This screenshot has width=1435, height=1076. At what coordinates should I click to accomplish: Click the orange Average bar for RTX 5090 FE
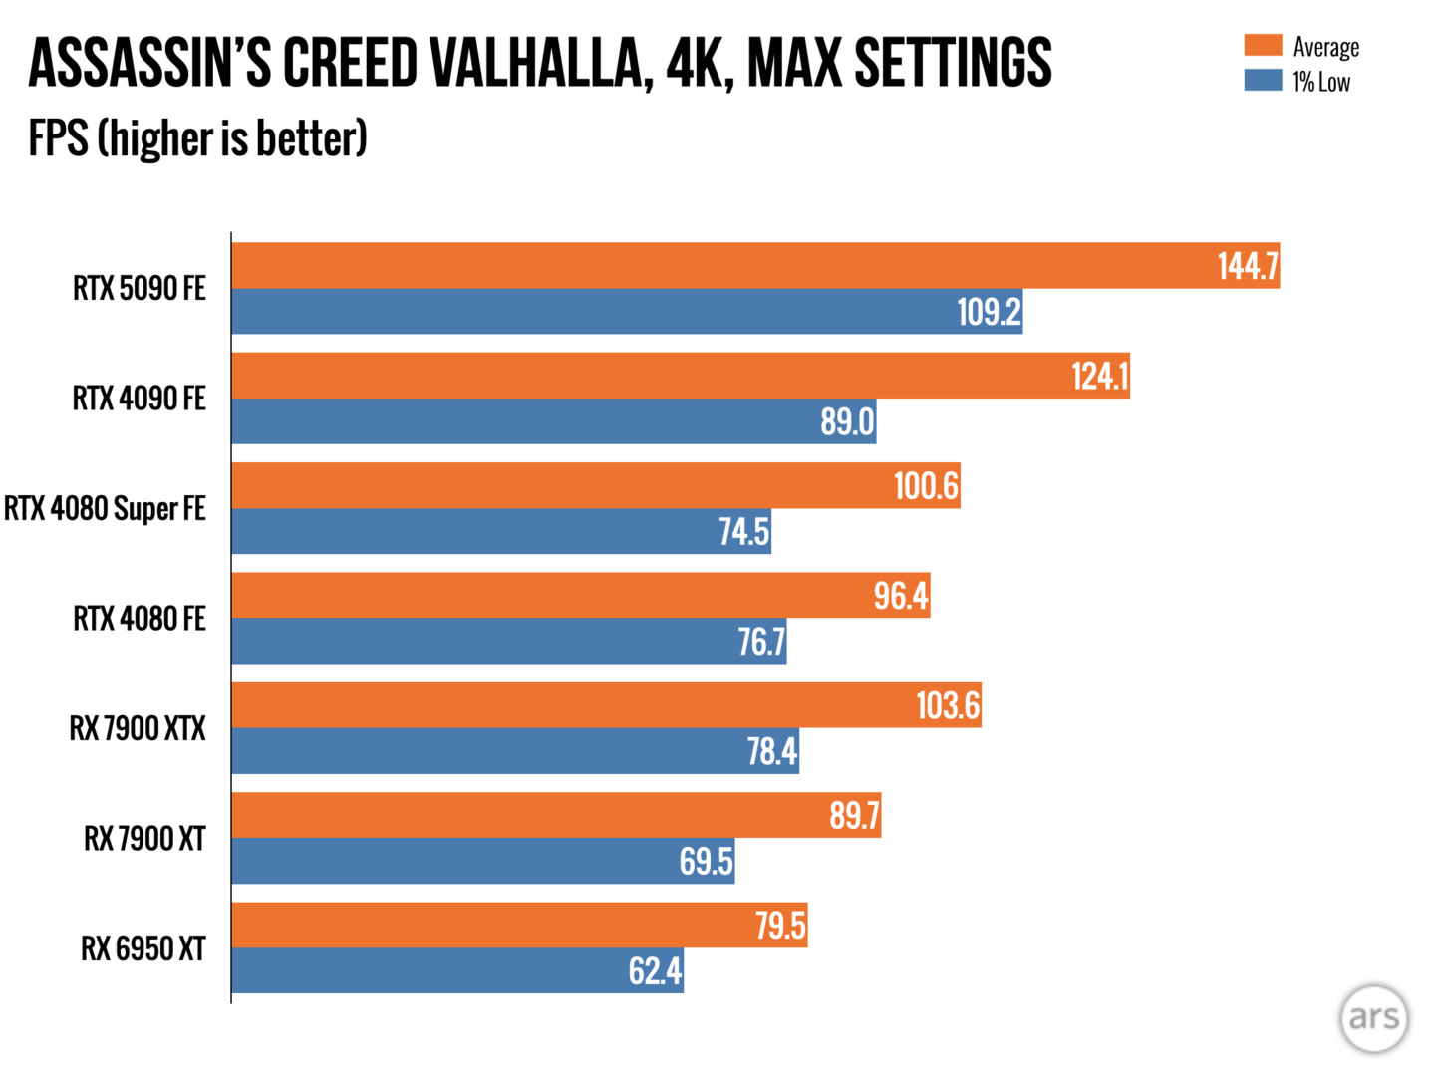tap(717, 266)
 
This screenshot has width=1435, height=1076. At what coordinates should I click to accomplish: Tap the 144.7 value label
tap(1247, 266)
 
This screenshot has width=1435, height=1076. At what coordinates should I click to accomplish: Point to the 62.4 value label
tap(655, 970)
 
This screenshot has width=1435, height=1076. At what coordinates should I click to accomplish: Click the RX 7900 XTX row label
tap(138, 728)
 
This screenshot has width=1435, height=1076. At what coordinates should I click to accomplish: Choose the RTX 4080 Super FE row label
tap(105, 508)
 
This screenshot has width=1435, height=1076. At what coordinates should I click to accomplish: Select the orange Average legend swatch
tap(1262, 45)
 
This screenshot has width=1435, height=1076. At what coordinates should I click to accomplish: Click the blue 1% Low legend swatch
tap(1262, 80)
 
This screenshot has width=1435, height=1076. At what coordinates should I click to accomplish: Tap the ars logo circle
tap(1373, 1017)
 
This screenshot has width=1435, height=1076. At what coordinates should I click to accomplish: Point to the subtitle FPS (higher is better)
tap(197, 138)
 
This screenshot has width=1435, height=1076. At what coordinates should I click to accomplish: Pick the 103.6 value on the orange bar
tap(948, 705)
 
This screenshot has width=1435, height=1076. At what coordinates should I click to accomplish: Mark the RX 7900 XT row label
tap(144, 839)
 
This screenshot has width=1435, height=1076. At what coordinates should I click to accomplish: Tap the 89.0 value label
tap(847, 421)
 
